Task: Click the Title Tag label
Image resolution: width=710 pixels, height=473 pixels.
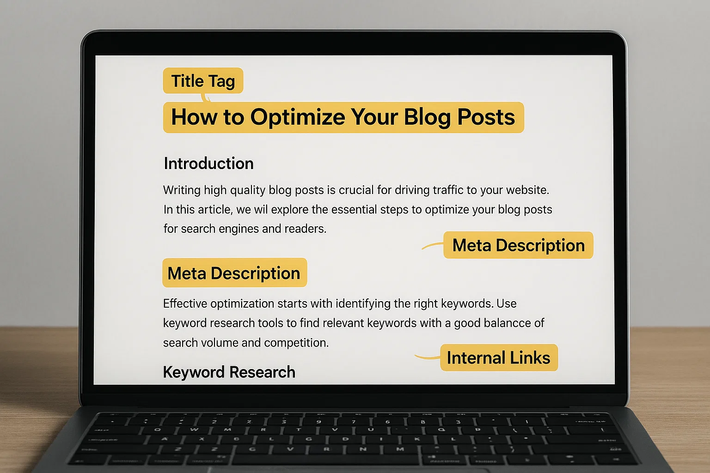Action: (x=203, y=80)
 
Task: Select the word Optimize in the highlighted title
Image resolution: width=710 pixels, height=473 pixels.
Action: (x=298, y=117)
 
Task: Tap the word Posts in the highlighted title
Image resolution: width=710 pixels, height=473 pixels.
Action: (x=486, y=117)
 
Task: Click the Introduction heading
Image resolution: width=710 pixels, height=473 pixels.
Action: (x=208, y=164)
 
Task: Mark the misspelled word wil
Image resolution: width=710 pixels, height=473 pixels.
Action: (x=261, y=209)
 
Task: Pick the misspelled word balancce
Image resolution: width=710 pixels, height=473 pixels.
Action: (x=492, y=323)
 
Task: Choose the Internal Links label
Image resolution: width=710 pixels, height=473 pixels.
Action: (x=499, y=358)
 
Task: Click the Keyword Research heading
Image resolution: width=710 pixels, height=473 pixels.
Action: (x=229, y=372)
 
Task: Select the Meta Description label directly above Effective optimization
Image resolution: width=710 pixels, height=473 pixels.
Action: (x=234, y=273)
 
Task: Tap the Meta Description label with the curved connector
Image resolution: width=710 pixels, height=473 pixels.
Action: (x=518, y=245)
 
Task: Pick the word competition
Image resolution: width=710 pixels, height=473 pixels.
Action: (x=296, y=343)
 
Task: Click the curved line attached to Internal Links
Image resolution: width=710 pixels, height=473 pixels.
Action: (x=427, y=358)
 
